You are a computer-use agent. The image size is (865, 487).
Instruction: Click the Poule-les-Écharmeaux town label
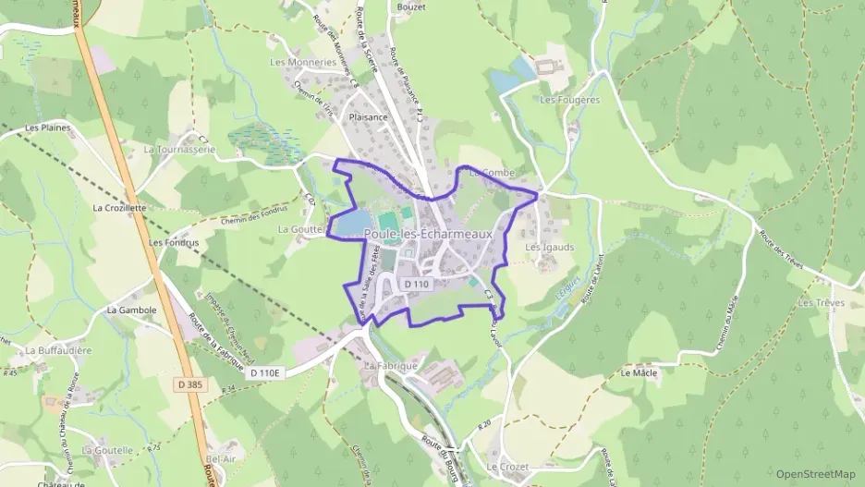(x=428, y=235)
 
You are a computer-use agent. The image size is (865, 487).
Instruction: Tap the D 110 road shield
(x=416, y=284)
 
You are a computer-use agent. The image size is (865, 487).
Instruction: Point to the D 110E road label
(x=269, y=371)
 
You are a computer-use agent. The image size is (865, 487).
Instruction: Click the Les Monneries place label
(x=302, y=62)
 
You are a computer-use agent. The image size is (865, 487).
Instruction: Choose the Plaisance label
(x=368, y=117)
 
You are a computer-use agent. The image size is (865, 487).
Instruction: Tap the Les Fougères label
(x=569, y=99)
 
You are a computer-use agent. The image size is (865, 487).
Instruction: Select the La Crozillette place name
(x=119, y=208)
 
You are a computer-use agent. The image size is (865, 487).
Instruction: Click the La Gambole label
(x=130, y=310)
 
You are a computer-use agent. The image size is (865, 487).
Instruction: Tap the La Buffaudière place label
(x=58, y=350)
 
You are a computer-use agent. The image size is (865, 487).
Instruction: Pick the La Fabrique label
(x=391, y=366)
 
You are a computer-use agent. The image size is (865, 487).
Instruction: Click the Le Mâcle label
(x=638, y=373)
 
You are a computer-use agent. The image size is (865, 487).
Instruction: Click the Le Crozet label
(x=507, y=467)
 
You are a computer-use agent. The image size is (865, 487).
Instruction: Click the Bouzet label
(x=410, y=6)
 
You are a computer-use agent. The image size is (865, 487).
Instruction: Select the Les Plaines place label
(x=49, y=128)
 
